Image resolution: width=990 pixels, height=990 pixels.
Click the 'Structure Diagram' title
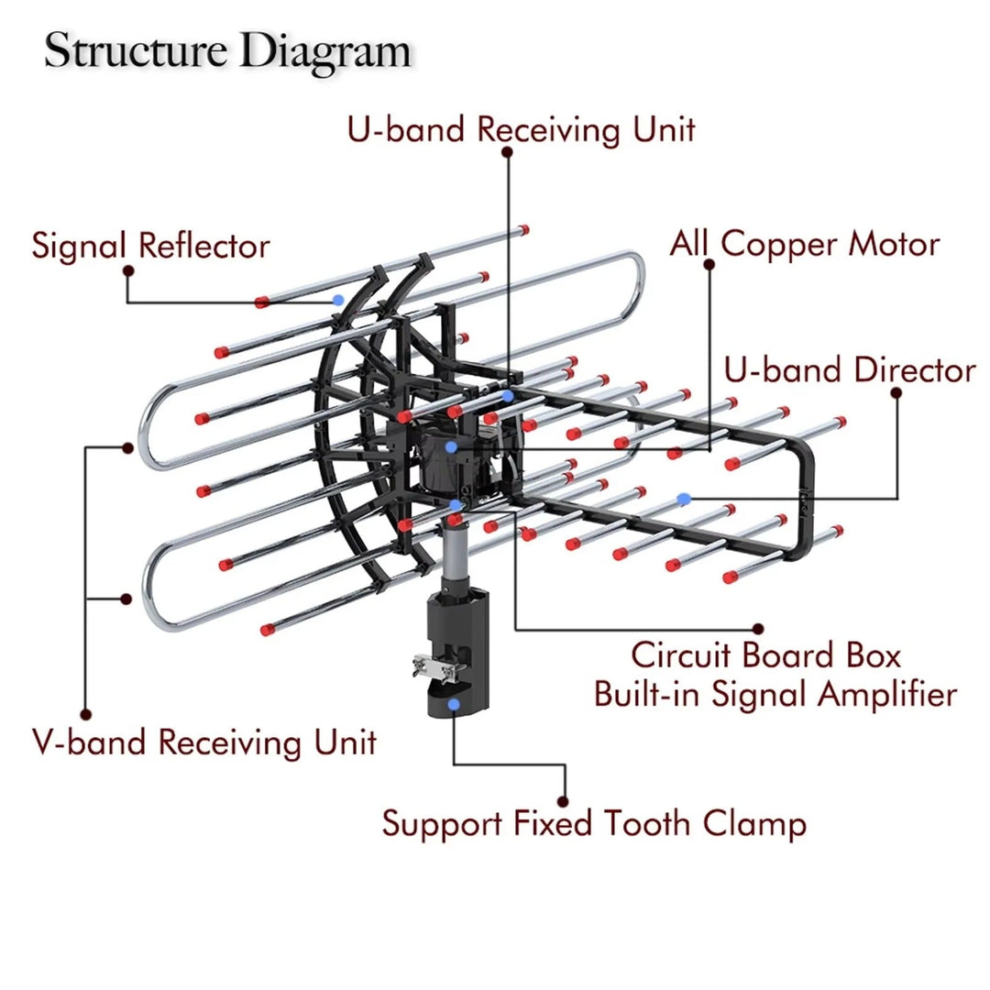pyautogui.click(x=227, y=50)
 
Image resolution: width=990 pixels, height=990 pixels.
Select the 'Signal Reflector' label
pyautogui.click(x=151, y=246)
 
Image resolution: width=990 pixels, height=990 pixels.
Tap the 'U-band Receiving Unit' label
pyautogui.click(x=521, y=129)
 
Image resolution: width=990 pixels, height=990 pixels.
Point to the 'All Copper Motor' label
pyautogui.click(x=804, y=244)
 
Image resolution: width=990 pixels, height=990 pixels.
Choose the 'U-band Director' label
pyautogui.click(x=850, y=370)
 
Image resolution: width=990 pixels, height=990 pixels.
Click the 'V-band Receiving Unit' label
pyautogui.click(x=204, y=742)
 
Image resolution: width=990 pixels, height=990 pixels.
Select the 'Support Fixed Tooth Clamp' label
pyautogui.click(x=594, y=823)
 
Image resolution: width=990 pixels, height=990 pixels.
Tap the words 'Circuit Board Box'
pyautogui.click(x=766, y=655)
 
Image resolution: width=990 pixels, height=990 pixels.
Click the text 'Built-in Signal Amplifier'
pyautogui.click(x=775, y=694)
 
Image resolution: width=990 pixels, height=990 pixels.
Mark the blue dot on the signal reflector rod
pyautogui.click(x=339, y=300)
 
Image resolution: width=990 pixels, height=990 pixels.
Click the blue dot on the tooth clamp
pyautogui.click(x=455, y=704)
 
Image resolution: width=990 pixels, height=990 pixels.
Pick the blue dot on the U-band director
pyautogui.click(x=683, y=498)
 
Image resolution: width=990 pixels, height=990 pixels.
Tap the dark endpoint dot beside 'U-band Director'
pyautogui.click(x=896, y=392)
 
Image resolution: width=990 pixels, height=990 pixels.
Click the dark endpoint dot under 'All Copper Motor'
pyautogui.click(x=709, y=264)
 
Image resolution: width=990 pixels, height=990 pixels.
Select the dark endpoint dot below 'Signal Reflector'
pyautogui.click(x=128, y=270)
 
